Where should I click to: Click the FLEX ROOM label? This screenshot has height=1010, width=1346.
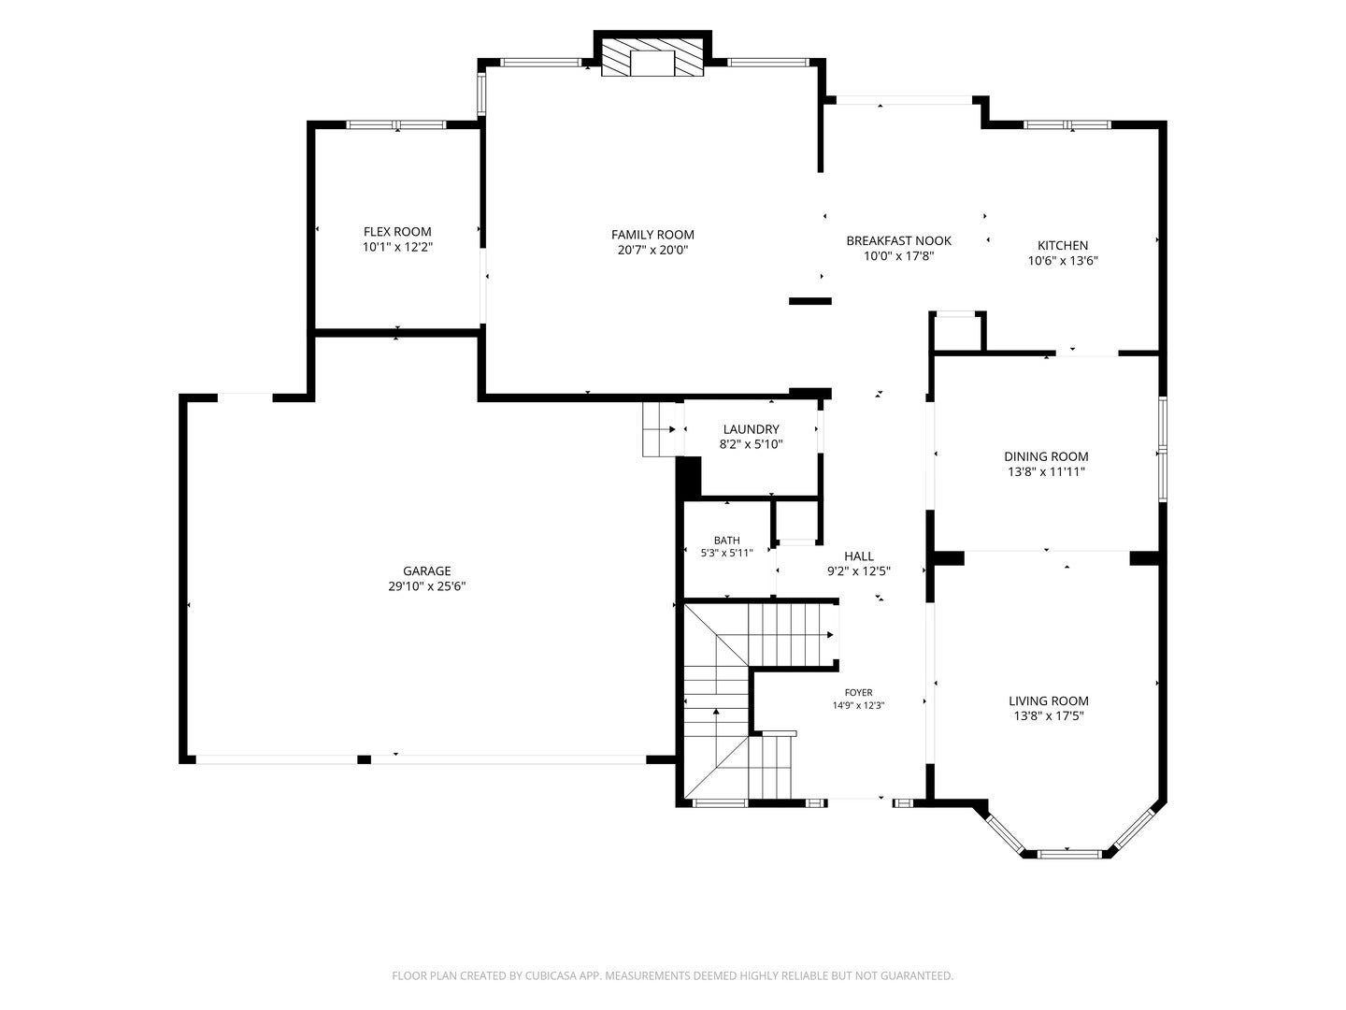tap(396, 232)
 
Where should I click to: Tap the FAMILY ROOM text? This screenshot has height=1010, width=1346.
tap(652, 235)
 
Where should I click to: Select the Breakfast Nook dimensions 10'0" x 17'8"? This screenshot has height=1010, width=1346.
tap(898, 256)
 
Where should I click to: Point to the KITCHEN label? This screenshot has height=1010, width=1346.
tap(1063, 245)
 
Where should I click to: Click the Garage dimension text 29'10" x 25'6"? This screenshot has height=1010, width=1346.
tap(427, 586)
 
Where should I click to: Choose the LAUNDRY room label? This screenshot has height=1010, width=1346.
tap(752, 429)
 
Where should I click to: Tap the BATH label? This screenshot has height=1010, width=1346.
tap(726, 541)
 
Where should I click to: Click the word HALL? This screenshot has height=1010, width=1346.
tap(858, 556)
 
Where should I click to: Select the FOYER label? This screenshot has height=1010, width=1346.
tap(858, 693)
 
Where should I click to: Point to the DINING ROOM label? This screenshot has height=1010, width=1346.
tap(1046, 456)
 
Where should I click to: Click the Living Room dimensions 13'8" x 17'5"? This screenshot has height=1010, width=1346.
tap(1049, 716)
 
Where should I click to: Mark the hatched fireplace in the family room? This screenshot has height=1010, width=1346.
tap(652, 58)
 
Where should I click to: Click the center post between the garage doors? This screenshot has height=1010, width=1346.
tap(365, 759)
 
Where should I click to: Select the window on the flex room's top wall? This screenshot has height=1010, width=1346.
tap(396, 124)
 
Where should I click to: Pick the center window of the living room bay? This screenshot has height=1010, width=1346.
tap(1067, 853)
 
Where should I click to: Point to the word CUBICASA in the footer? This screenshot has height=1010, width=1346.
tap(551, 975)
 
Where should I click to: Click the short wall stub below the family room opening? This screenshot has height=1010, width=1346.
tap(810, 301)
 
